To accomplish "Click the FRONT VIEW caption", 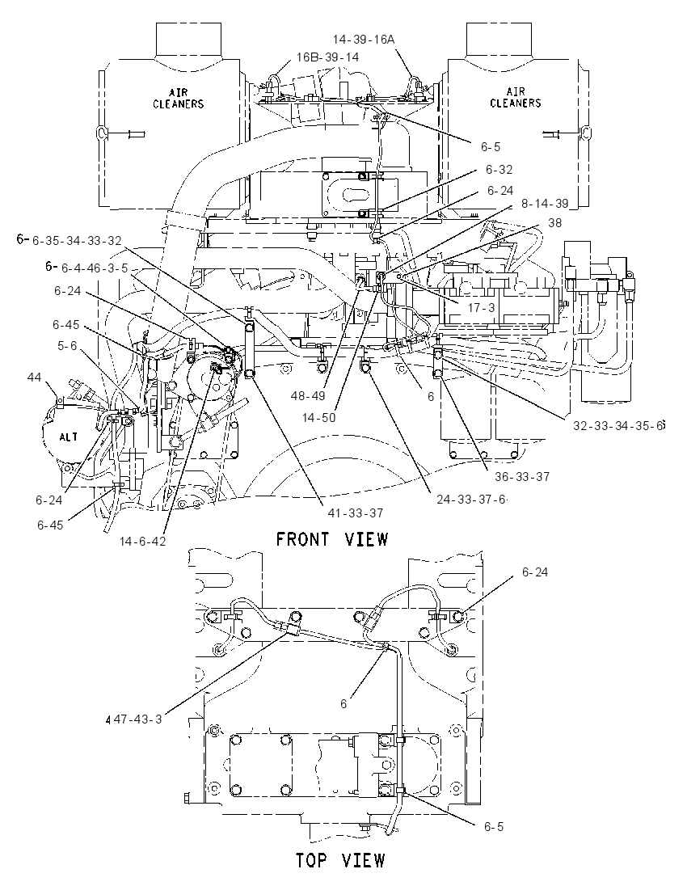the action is click(331, 540).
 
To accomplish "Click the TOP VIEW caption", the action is click(340, 861).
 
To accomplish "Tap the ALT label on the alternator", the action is click(69, 437).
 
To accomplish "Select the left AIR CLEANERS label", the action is click(178, 98).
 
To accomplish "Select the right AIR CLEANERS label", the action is click(516, 97).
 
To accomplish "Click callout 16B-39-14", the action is click(327, 57).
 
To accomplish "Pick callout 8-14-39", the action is click(544, 204).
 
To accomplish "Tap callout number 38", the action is click(554, 223).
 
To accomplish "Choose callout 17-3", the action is click(481, 308).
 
